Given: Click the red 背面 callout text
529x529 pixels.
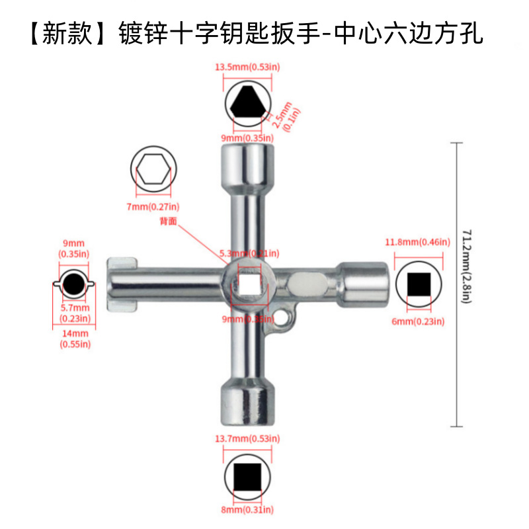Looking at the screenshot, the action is point(169,222).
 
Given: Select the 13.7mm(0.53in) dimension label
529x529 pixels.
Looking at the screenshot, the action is point(247,438).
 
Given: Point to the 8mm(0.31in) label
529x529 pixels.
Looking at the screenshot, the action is point(247,510).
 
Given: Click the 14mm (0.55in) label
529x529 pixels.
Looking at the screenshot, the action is point(73,339).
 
